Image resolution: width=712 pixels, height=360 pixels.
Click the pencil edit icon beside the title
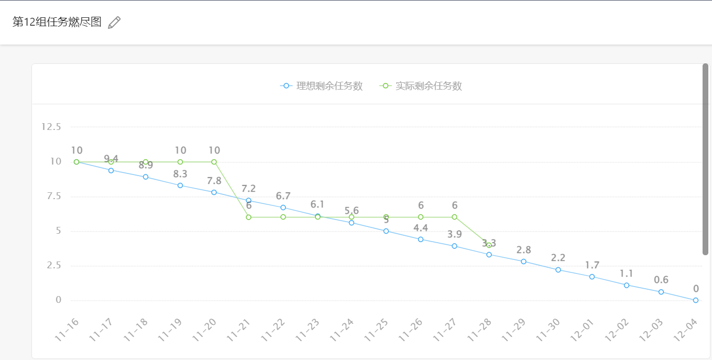pyautogui.click(x=114, y=23)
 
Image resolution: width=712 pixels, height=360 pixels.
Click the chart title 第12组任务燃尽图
pyautogui.click(x=57, y=22)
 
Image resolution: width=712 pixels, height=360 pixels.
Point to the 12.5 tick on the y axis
pyautogui.click(x=51, y=127)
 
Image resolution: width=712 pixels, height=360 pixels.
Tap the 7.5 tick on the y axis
pyautogui.click(x=54, y=197)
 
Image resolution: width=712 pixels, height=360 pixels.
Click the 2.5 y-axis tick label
pyautogui.click(x=54, y=266)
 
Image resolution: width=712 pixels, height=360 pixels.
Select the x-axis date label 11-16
pyautogui.click(x=67, y=330)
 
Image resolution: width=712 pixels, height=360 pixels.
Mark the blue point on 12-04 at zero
pyautogui.click(x=696, y=300)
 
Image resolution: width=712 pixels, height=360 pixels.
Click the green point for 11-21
pyautogui.click(x=248, y=217)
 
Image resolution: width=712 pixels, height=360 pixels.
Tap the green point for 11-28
pyautogui.click(x=489, y=245)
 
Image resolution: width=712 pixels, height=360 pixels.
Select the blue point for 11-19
pyautogui.click(x=180, y=186)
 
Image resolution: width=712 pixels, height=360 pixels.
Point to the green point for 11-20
pyautogui.click(x=214, y=162)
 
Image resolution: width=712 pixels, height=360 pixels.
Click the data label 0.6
pyautogui.click(x=661, y=280)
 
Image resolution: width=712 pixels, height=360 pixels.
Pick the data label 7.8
pyautogui.click(x=214, y=181)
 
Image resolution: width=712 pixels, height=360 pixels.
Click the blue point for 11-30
pyautogui.click(x=558, y=270)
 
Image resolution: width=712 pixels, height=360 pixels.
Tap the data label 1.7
pyautogui.click(x=592, y=265)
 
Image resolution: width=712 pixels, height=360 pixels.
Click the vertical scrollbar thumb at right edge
pyautogui.click(x=705, y=159)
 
